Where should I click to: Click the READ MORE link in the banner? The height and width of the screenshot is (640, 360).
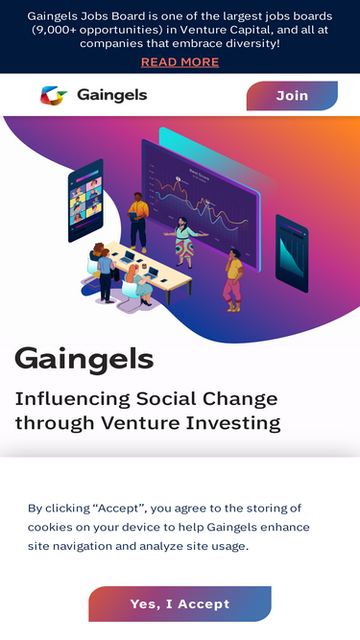click(180, 62)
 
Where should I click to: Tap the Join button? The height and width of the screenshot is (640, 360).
click(292, 96)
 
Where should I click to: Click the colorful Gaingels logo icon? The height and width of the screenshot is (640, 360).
click(54, 96)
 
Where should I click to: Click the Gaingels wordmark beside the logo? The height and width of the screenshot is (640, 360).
click(111, 96)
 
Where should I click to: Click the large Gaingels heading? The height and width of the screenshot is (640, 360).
click(84, 359)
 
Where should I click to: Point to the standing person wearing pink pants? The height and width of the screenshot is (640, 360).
click(232, 278)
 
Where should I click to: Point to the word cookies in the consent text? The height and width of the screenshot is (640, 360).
click(50, 527)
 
